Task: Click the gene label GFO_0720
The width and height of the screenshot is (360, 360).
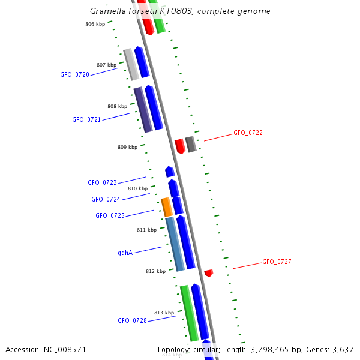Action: point(74,74)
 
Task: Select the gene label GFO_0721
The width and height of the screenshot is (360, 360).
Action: point(86,119)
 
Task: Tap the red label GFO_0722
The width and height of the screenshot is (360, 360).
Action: point(248,133)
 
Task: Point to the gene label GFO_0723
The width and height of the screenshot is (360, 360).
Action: point(102,182)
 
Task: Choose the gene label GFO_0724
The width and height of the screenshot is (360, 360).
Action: point(106,199)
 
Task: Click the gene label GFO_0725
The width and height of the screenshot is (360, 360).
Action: point(110,215)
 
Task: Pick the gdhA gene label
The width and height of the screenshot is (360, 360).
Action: point(125,253)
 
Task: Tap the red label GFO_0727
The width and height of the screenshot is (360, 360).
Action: point(277,262)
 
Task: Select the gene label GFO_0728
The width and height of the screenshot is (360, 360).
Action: point(132,320)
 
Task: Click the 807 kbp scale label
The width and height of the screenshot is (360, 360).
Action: point(106,65)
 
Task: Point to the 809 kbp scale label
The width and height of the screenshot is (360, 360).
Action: point(127,147)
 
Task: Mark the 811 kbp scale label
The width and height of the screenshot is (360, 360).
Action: point(146,230)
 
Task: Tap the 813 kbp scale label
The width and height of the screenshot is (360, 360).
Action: point(164,313)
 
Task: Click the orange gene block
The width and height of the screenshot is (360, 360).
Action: point(167,207)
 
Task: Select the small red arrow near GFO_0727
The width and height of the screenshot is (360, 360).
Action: point(208,273)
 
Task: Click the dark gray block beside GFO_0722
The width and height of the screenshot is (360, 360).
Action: point(191,144)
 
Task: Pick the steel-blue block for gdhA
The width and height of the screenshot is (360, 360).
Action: point(175,244)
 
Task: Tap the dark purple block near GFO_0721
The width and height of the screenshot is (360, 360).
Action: point(143,110)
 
